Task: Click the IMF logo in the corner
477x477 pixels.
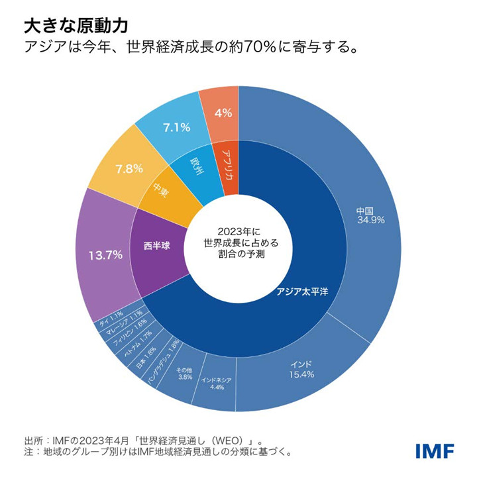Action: click(435, 450)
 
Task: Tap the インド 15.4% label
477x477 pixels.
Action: click(301, 369)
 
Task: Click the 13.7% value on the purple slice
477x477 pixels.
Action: click(105, 255)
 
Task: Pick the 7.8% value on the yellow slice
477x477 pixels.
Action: click(129, 168)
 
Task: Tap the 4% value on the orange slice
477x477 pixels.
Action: click(223, 113)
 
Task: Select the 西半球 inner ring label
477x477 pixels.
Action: click(156, 246)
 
